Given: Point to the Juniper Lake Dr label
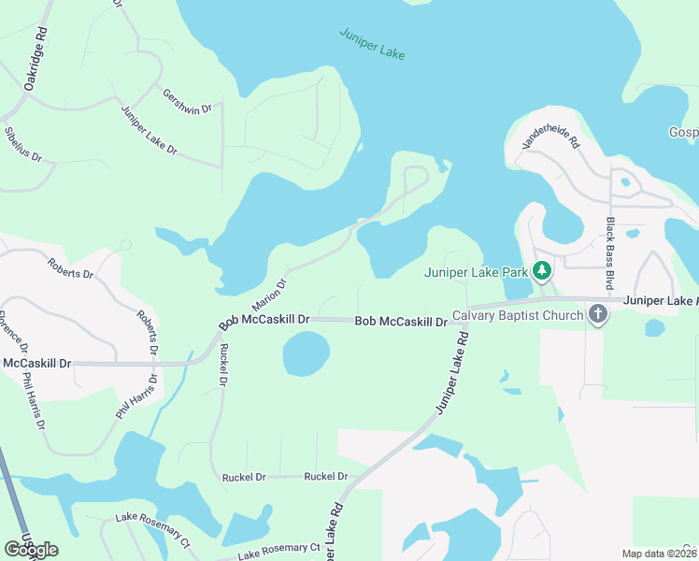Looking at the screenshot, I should (149, 130).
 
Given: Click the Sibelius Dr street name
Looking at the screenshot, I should (23, 144).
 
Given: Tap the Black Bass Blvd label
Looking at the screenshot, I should (611, 252).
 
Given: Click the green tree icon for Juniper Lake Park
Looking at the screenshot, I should (542, 272).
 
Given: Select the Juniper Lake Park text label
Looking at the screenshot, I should (476, 273).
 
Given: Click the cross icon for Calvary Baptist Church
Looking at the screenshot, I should (598, 315).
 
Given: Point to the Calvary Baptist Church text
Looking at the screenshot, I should (518, 315).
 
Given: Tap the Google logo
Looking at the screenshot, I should (31, 549).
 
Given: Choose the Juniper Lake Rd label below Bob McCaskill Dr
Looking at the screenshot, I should (451, 371).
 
